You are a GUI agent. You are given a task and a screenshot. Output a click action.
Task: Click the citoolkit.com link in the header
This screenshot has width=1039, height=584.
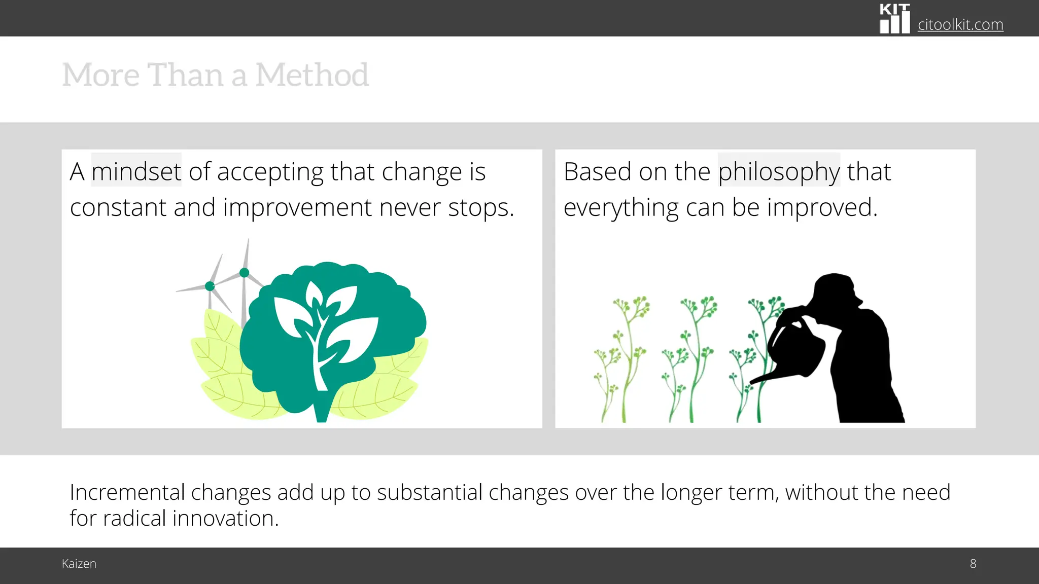coord(960,24)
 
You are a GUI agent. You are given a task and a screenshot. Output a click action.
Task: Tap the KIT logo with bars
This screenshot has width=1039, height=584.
coord(894,19)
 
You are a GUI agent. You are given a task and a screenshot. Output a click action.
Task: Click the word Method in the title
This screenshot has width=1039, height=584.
coord(311,75)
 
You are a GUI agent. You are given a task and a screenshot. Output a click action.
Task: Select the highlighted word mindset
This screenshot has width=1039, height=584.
coord(136,171)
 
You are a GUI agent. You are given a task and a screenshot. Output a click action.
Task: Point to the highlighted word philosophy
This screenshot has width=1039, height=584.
coord(779,171)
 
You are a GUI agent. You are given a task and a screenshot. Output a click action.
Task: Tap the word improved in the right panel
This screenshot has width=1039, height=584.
coord(821,207)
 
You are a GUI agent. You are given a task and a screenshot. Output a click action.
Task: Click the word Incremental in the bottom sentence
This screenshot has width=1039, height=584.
coord(127,492)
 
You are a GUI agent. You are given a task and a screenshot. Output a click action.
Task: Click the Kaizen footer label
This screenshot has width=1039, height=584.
coord(79,564)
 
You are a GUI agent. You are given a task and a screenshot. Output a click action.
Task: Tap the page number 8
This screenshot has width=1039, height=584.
coord(973,564)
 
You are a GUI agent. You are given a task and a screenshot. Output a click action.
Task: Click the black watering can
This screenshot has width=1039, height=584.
coord(796,350)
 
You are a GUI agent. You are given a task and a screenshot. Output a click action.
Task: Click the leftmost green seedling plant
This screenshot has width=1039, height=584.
coord(621,360)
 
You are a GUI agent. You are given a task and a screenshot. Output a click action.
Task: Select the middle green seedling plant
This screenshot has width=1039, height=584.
coord(690,360)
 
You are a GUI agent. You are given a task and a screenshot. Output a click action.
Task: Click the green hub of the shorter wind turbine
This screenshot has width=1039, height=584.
coord(210,286)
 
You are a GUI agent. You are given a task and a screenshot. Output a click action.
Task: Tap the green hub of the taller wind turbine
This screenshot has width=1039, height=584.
coord(244,273)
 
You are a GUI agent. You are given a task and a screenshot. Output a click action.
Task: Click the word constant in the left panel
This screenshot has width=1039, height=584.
coord(118,207)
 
